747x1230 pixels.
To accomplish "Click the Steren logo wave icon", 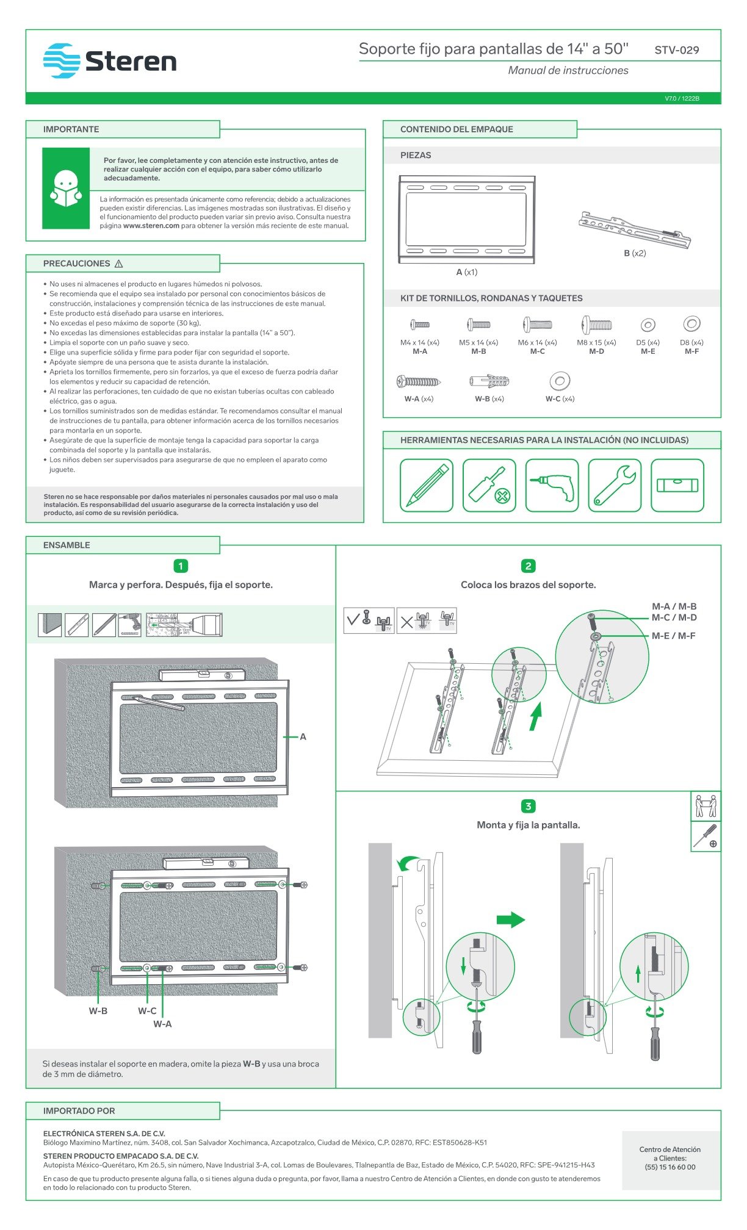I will click(x=62, y=60).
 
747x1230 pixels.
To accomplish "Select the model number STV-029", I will click(x=676, y=50).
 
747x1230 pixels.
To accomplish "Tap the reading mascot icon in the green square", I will click(x=65, y=188).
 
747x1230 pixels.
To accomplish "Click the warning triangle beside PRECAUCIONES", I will click(x=119, y=264).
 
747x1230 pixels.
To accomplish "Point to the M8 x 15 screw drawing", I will click(x=596, y=325).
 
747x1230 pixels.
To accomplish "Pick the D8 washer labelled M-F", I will click(x=691, y=324).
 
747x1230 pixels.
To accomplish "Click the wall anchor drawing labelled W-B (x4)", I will click(x=489, y=381).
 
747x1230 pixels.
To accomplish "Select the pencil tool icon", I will click(x=427, y=485).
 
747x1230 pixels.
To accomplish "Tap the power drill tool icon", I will click(x=552, y=485).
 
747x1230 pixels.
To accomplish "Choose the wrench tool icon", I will click(x=615, y=485).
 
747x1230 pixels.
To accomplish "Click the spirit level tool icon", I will click(x=677, y=485).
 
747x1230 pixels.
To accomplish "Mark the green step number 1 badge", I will click(x=181, y=566).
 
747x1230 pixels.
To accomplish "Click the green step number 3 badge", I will click(x=529, y=806).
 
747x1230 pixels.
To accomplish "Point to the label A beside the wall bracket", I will click(x=303, y=737).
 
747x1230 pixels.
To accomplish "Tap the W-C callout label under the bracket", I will click(x=147, y=1011).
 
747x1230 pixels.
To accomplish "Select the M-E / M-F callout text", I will click(x=673, y=636).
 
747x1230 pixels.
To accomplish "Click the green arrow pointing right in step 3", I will click(x=510, y=919).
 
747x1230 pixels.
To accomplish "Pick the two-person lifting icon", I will click(x=706, y=806).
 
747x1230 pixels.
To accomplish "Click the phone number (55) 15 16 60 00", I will click(x=670, y=1167).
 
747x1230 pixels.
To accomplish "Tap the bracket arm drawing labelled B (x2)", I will click(x=635, y=231).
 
